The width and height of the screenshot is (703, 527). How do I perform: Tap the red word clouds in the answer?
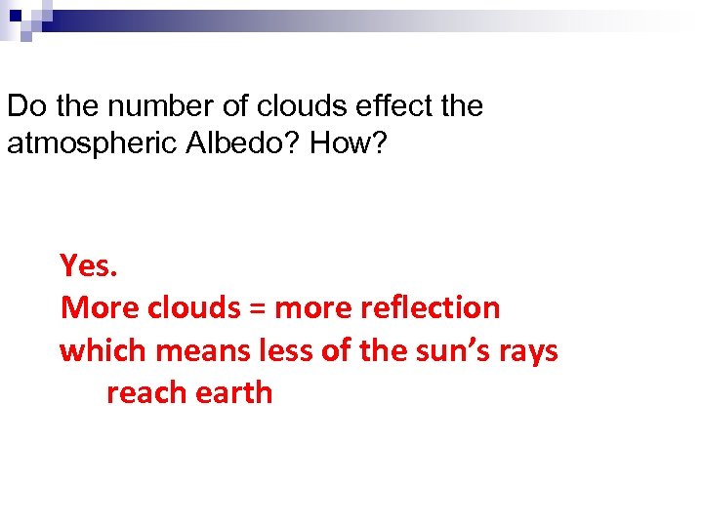click(192, 307)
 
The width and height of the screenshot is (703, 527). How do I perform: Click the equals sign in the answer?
click(257, 308)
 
